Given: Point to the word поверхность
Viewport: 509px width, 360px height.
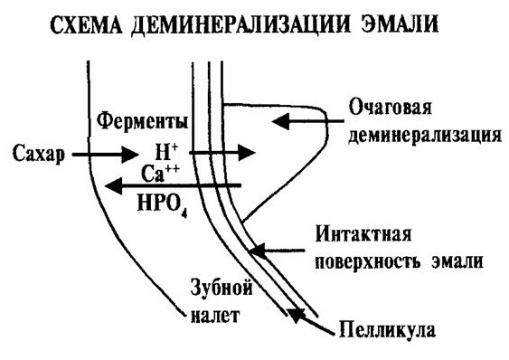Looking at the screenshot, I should [367, 262].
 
